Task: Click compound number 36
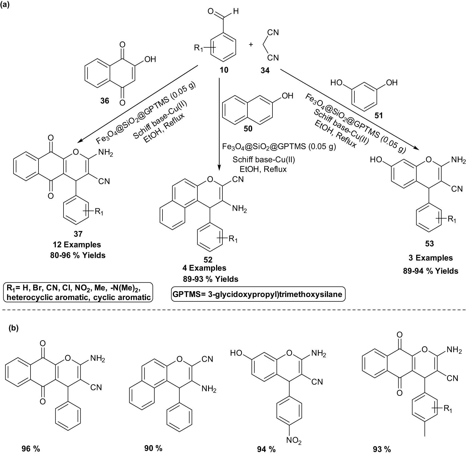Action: (x=104, y=101)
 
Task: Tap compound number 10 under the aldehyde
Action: (x=224, y=70)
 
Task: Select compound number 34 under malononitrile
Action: (x=265, y=71)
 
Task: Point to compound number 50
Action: (x=248, y=129)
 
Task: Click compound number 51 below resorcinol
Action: (x=379, y=115)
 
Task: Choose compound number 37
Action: (x=78, y=234)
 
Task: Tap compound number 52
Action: (x=208, y=260)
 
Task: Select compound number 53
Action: (x=429, y=243)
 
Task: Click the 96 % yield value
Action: (x=31, y=449)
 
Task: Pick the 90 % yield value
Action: (x=153, y=448)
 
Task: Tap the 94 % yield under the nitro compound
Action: (x=266, y=449)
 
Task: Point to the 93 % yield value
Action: (x=382, y=449)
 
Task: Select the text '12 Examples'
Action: (x=77, y=245)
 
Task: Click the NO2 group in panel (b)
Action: (x=294, y=441)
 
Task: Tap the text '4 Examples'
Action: (x=205, y=268)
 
